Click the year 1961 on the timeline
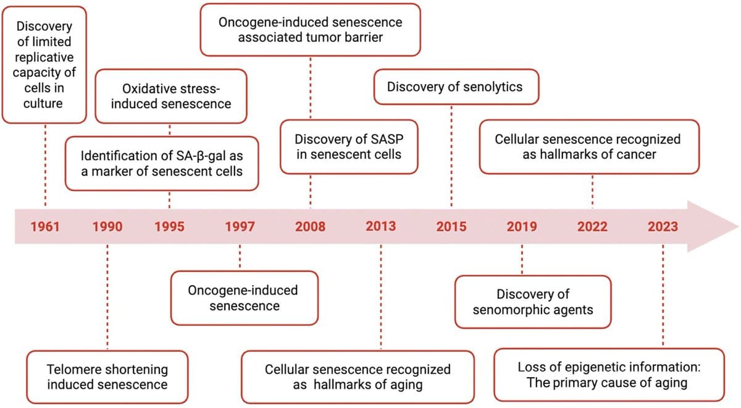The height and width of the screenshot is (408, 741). click(45, 226)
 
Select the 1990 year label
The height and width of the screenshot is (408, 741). click(107, 226)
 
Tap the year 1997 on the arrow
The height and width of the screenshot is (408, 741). click(240, 226)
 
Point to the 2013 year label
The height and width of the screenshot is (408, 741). click(380, 226)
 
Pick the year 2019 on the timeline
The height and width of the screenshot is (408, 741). click(522, 226)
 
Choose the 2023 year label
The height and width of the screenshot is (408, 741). click(663, 226)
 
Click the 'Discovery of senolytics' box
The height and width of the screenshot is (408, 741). click(454, 87)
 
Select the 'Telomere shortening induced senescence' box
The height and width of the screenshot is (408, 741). click(107, 376)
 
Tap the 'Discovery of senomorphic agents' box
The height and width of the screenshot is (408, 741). click(532, 301)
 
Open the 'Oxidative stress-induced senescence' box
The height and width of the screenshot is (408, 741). click(170, 96)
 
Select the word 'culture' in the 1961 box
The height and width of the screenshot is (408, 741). click(43, 103)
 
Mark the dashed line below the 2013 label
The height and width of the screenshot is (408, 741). click(380, 297)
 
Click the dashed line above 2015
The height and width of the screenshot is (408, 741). click(451, 155)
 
